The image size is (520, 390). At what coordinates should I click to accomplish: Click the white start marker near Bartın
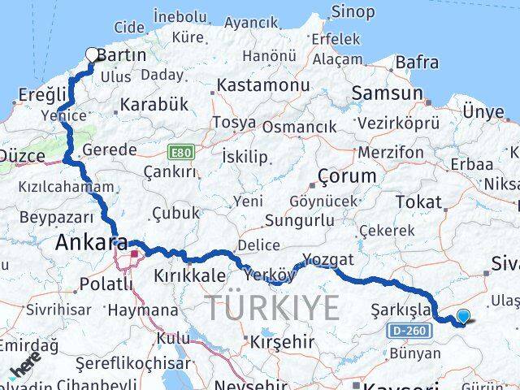(93, 55)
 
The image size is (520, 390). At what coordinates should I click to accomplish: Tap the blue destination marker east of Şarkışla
(463, 317)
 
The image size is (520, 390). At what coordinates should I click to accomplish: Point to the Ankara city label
(92, 242)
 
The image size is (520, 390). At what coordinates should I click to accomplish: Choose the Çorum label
(347, 176)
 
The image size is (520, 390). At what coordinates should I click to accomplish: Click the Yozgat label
(328, 260)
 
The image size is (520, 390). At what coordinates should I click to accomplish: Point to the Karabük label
(154, 105)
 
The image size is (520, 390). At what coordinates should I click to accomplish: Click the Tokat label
(418, 201)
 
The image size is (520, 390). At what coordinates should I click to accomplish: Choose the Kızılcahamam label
(58, 186)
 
